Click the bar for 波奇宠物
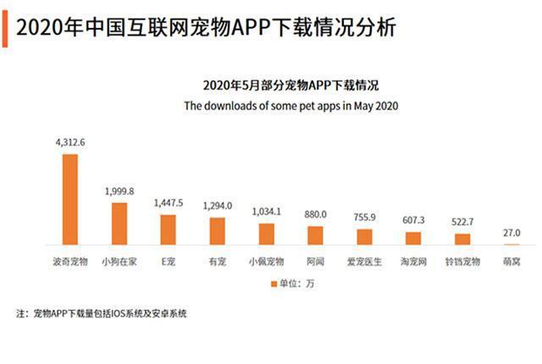tap(69, 199)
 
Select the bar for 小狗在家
tap(119, 223)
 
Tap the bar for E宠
tap(168, 229)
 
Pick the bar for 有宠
tap(217, 231)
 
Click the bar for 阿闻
tap(315, 235)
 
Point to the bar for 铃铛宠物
tap(462, 240)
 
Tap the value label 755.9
tap(364, 217)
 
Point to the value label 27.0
tap(511, 233)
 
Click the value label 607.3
tap(413, 220)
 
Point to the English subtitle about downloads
tap(290, 107)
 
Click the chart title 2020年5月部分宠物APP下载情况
tap(290, 86)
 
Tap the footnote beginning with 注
tap(102, 314)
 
